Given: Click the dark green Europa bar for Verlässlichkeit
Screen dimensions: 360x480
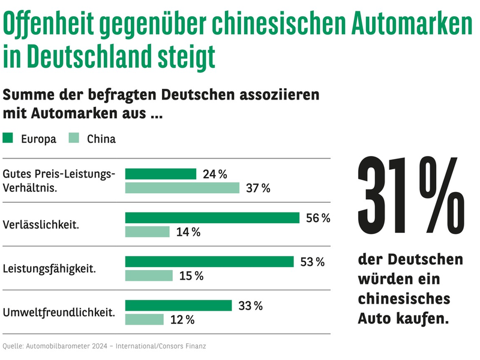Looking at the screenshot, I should (212, 218).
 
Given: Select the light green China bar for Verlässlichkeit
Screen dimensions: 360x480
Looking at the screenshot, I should (147, 232).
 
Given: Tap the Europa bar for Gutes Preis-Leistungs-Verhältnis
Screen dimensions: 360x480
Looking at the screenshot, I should (160, 174).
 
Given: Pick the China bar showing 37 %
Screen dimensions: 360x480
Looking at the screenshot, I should (182, 188).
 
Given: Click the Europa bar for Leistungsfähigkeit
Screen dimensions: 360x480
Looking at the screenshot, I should (209, 262).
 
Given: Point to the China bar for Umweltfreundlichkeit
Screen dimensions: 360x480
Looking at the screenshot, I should (144, 319).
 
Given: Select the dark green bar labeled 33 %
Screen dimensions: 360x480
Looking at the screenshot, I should (178, 305).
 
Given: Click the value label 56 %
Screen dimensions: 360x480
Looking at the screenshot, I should (318, 218).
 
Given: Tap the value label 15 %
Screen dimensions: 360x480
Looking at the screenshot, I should (191, 276).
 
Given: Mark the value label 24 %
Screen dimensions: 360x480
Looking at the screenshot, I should (215, 175).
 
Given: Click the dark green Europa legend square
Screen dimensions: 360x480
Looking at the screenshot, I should (8, 139).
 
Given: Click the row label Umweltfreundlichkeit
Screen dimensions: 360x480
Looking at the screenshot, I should (59, 312).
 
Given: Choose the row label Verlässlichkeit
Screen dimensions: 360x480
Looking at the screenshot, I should (41, 225).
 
